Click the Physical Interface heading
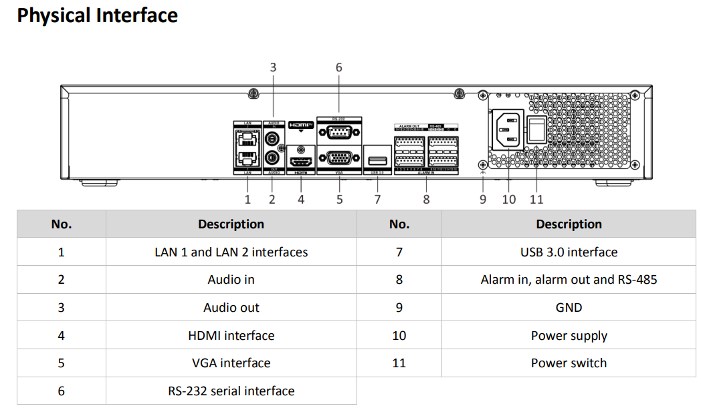[x=98, y=16]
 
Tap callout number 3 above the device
[x=273, y=67]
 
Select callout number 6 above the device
[x=338, y=67]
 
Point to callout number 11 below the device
[x=536, y=199]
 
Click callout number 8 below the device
[x=426, y=199]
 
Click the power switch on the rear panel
[x=536, y=130]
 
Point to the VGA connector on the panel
[x=340, y=159]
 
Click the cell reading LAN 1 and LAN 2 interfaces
[x=231, y=252]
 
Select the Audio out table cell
[x=231, y=308]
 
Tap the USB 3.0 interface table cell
[x=569, y=252]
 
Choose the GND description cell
[x=569, y=308]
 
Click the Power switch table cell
[x=569, y=363]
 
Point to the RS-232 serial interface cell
[x=231, y=391]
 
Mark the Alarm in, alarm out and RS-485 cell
[x=569, y=280]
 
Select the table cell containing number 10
[x=399, y=336]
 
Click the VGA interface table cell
[x=231, y=363]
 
